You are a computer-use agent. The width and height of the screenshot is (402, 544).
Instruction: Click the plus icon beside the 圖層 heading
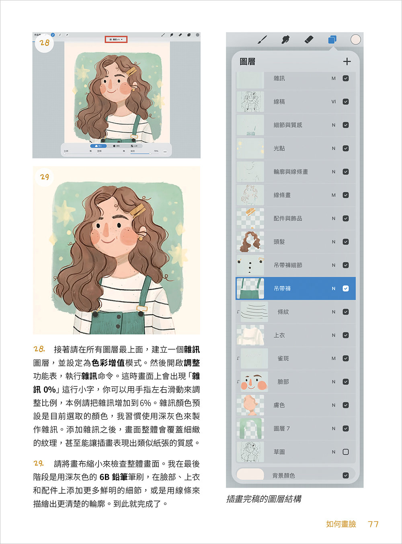(x=347, y=62)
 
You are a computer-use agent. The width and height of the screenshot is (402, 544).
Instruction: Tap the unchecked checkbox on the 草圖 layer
(x=346, y=452)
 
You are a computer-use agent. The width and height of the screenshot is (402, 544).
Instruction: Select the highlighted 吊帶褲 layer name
(x=282, y=289)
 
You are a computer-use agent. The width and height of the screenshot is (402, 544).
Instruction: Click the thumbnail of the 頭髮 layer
(x=250, y=242)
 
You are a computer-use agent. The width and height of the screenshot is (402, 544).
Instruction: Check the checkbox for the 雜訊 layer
(x=346, y=78)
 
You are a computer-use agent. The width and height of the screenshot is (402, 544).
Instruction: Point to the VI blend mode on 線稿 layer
(x=333, y=102)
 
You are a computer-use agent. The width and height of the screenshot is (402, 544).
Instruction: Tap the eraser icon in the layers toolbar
(x=309, y=39)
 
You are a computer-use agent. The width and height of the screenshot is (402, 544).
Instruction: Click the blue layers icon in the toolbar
(x=332, y=39)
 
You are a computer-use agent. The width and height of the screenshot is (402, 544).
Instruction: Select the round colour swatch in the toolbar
(x=355, y=39)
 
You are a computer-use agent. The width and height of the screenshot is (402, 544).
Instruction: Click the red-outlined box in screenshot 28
(x=116, y=39)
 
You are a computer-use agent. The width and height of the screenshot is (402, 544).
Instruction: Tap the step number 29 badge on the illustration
(x=45, y=177)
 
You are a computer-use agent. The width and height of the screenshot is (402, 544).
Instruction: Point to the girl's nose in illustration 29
(x=106, y=230)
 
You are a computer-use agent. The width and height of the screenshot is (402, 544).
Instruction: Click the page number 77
(x=373, y=524)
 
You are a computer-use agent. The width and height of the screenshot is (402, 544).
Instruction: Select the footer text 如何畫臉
(x=341, y=524)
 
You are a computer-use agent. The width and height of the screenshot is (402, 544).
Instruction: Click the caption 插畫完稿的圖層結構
(x=264, y=499)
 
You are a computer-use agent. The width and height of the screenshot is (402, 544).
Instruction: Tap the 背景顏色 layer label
(x=283, y=476)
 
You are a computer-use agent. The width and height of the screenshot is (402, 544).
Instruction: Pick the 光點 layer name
(x=279, y=148)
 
